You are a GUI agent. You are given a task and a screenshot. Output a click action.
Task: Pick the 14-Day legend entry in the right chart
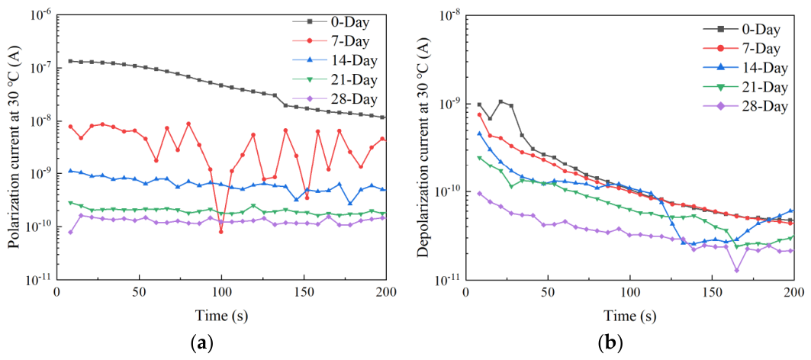point(745,69)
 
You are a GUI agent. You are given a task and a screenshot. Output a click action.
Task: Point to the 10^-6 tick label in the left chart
point(40,14)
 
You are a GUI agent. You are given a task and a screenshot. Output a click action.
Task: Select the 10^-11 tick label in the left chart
point(40,279)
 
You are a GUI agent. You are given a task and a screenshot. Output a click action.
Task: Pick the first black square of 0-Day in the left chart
point(70,61)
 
